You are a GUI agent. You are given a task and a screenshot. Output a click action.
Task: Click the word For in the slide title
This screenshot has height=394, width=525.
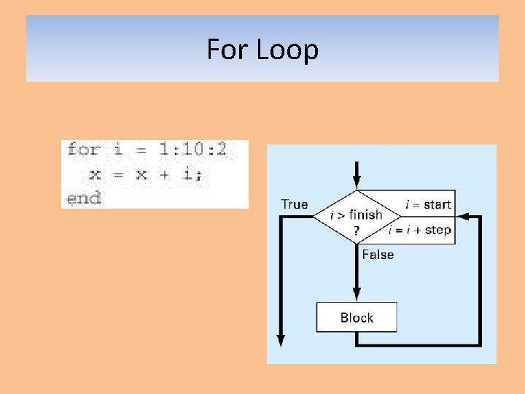pyautogui.click(x=226, y=50)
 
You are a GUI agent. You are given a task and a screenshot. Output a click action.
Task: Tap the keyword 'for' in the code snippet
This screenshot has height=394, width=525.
pyautogui.click(x=82, y=150)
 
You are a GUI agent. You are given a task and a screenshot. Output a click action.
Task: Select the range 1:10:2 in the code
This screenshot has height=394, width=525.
pyautogui.click(x=193, y=150)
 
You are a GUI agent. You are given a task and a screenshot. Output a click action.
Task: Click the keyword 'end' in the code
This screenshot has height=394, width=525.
pyautogui.click(x=83, y=198)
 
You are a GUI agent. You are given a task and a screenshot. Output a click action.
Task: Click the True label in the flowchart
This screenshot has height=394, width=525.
pyautogui.click(x=295, y=204)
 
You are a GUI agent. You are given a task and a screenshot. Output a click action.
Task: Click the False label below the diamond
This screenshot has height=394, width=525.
pyautogui.click(x=378, y=255)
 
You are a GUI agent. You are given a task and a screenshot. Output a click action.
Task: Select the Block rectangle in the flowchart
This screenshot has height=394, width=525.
pyautogui.click(x=357, y=317)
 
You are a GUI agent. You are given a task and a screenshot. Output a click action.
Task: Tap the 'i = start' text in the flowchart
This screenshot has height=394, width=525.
pyautogui.click(x=428, y=204)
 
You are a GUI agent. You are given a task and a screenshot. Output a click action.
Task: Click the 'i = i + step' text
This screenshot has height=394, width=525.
pyautogui.click(x=421, y=230)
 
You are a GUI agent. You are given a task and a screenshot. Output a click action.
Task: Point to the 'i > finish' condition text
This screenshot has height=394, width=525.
pyautogui.click(x=356, y=215)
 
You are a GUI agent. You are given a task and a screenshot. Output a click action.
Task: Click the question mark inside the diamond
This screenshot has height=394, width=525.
pyautogui.click(x=357, y=230)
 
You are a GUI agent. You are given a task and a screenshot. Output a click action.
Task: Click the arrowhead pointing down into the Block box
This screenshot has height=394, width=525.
pyautogui.click(x=357, y=296)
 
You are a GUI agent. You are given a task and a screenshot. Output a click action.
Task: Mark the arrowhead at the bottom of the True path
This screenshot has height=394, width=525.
pyautogui.click(x=280, y=340)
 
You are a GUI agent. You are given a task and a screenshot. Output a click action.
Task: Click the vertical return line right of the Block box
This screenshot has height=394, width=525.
pyautogui.click(x=480, y=285)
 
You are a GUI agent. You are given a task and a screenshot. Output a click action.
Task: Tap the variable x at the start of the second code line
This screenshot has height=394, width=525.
pyautogui.click(x=95, y=174)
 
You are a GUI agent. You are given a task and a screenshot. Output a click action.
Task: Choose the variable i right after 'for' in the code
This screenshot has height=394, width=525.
pyautogui.click(x=118, y=150)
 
